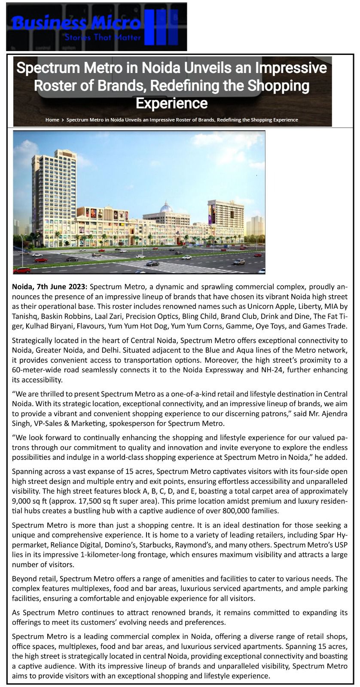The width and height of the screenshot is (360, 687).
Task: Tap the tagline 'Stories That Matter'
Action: click(102, 37)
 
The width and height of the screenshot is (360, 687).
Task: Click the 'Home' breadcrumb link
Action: click(52, 120)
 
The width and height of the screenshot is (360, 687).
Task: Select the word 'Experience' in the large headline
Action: click(171, 103)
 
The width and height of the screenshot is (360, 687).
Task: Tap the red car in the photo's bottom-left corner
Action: click(22, 270)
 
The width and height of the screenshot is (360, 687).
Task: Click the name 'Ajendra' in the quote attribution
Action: click(332, 414)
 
